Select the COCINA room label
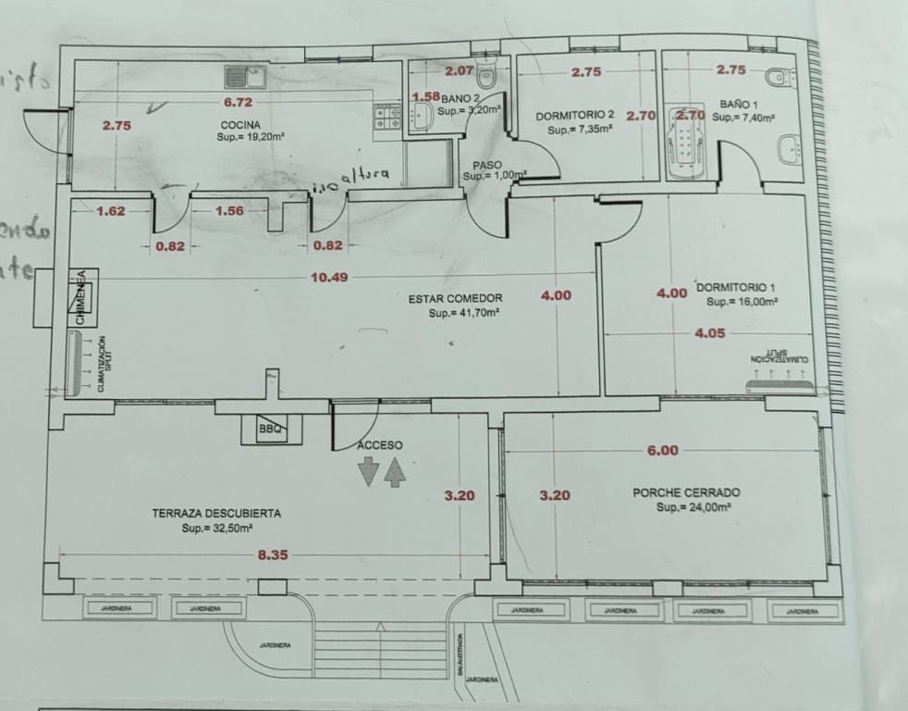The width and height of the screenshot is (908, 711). click(x=239, y=125)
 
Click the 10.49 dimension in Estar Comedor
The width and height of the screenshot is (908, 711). click(x=329, y=277)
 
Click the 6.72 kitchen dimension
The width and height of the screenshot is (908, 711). click(x=238, y=102)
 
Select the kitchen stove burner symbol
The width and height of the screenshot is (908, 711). click(x=387, y=117)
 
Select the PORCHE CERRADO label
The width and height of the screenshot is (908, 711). click(x=686, y=493)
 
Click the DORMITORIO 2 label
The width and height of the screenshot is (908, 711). click(x=575, y=117)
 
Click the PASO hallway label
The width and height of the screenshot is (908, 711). click(x=487, y=165)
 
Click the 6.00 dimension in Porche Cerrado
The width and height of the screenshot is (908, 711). click(x=662, y=451)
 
